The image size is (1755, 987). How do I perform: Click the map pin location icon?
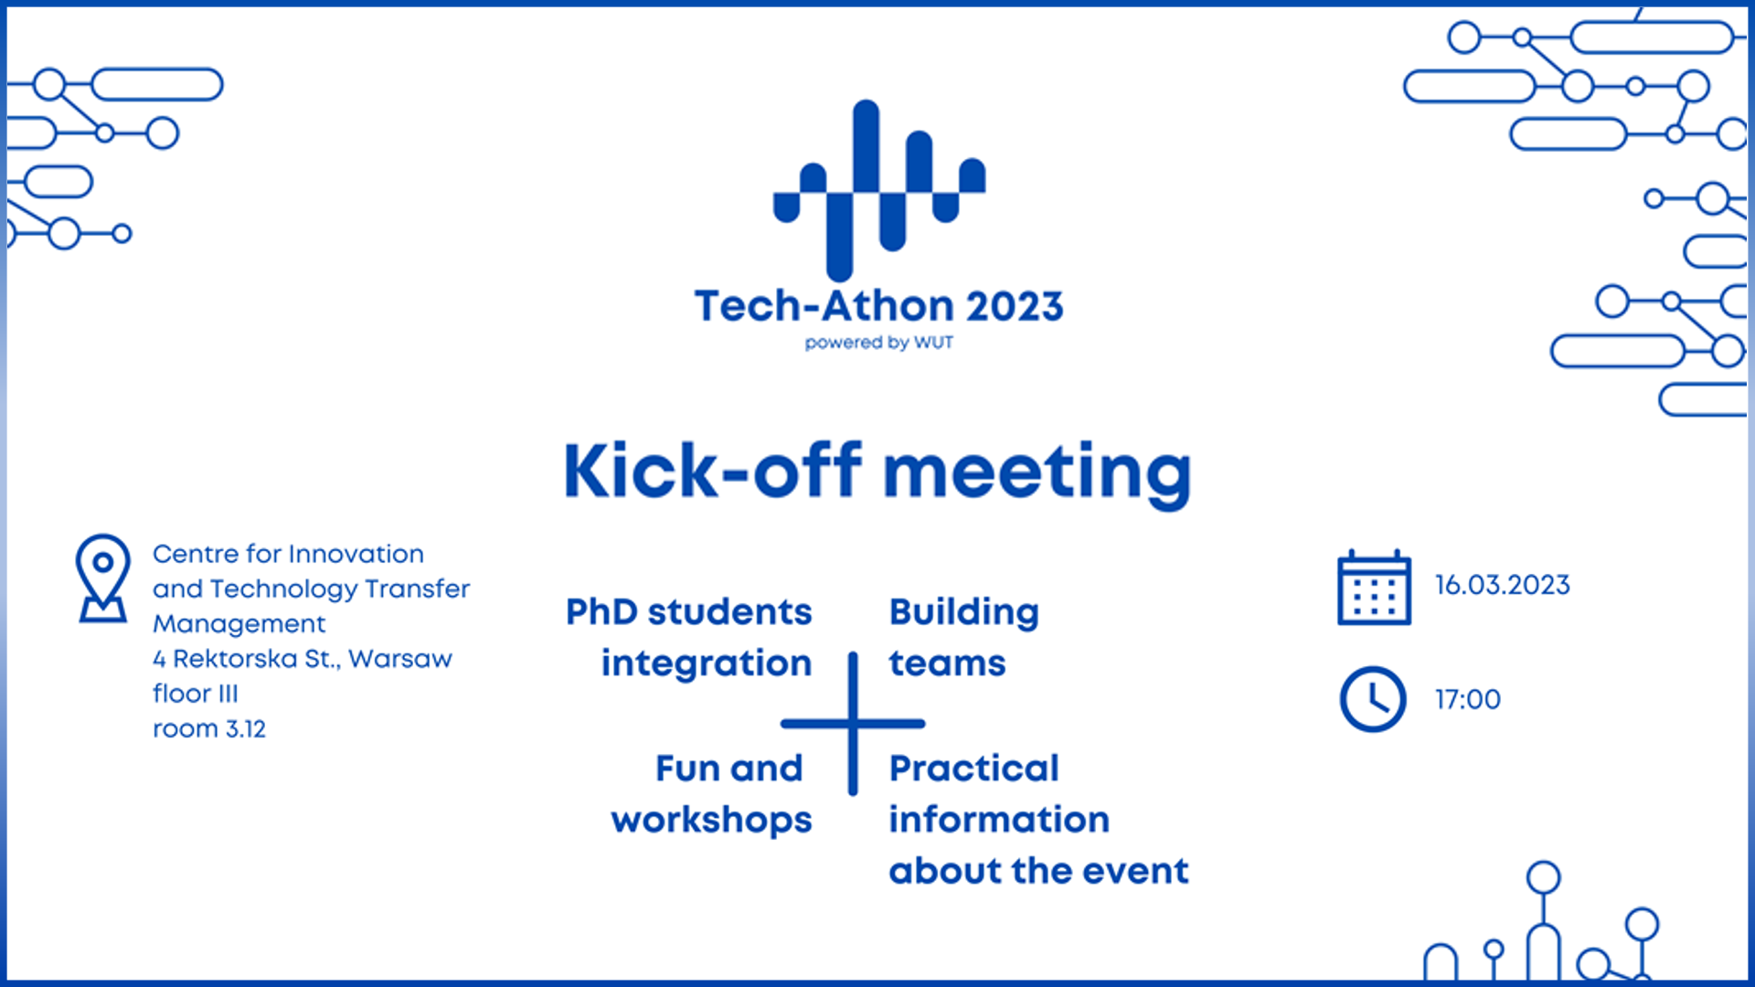(102, 578)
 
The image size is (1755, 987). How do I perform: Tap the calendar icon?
(1374, 588)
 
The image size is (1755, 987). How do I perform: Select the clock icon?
(1373, 699)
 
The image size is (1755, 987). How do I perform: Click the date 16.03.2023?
(1503, 585)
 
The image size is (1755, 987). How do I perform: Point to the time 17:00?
(1468, 699)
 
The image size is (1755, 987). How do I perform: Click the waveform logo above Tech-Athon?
(879, 190)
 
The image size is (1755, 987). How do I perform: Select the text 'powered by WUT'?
(879, 343)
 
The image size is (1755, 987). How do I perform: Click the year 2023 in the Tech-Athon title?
(1015, 306)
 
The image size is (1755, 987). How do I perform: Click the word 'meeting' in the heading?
(1037, 473)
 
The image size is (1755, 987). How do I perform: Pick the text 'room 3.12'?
(209, 729)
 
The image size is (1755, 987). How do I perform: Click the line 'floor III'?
(196, 694)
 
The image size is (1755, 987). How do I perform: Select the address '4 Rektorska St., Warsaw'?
(303, 659)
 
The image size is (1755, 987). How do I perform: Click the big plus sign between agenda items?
(853, 724)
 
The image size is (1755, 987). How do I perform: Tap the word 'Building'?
(964, 613)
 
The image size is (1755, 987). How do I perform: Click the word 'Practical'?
(974, 769)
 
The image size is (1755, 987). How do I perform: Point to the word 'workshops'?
(712, 822)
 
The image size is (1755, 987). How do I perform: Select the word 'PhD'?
(601, 611)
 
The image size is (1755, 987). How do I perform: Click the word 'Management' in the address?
(239, 625)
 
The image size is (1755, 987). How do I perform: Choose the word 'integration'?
(707, 664)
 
